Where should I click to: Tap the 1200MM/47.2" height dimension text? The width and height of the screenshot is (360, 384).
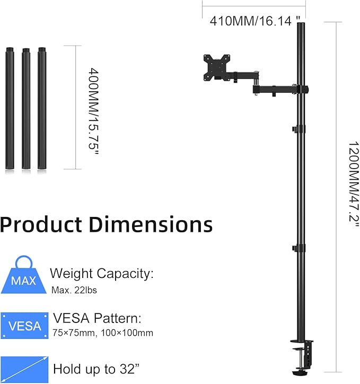354,185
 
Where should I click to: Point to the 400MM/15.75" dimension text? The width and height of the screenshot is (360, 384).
93,111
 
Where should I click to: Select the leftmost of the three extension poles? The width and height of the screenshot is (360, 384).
10,108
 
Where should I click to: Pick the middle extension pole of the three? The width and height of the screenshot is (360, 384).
26,108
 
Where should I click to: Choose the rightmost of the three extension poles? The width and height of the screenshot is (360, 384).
42,108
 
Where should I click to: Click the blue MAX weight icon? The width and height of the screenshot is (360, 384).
23,275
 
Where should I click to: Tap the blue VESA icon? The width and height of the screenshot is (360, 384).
24,326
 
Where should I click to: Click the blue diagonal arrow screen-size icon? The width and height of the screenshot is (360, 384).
24,370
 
